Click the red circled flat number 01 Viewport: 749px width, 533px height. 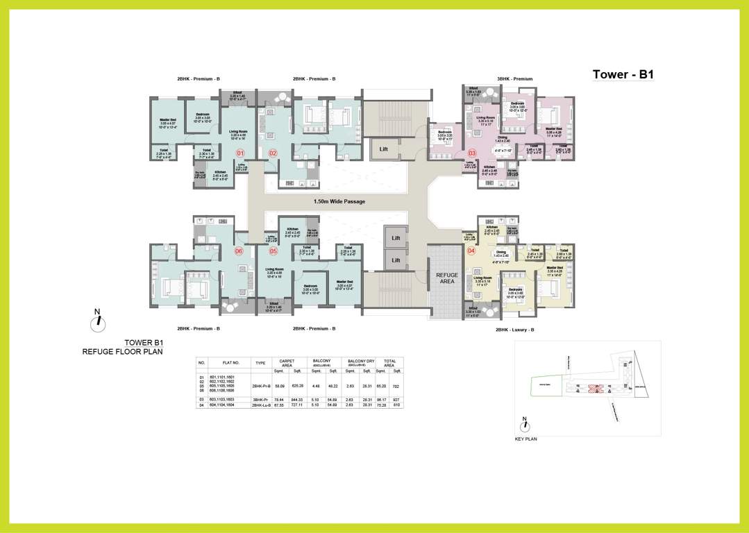(240, 153)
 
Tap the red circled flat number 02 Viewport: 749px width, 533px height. (273, 153)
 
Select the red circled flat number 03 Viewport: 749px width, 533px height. (472, 153)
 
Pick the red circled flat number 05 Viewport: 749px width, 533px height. (273, 251)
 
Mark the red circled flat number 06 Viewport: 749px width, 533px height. (239, 251)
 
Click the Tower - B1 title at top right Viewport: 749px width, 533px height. (623, 75)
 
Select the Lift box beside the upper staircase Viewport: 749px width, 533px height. (383, 149)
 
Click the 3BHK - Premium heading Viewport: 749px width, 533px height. (514, 79)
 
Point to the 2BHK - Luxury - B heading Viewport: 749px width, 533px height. (514, 330)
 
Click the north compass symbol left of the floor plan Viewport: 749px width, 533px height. (99, 320)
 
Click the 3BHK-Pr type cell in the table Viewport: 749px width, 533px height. (260, 400)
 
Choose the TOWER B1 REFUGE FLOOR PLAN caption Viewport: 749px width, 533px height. (122, 347)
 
